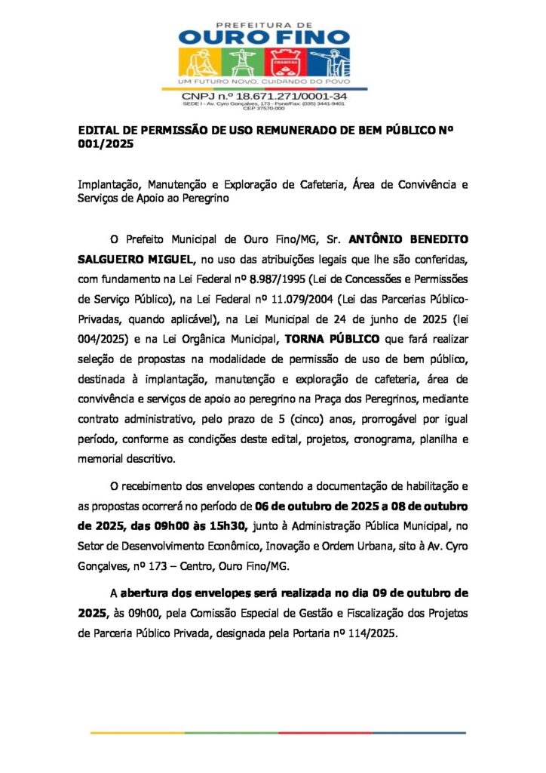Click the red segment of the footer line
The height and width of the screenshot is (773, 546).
tap(325, 732)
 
